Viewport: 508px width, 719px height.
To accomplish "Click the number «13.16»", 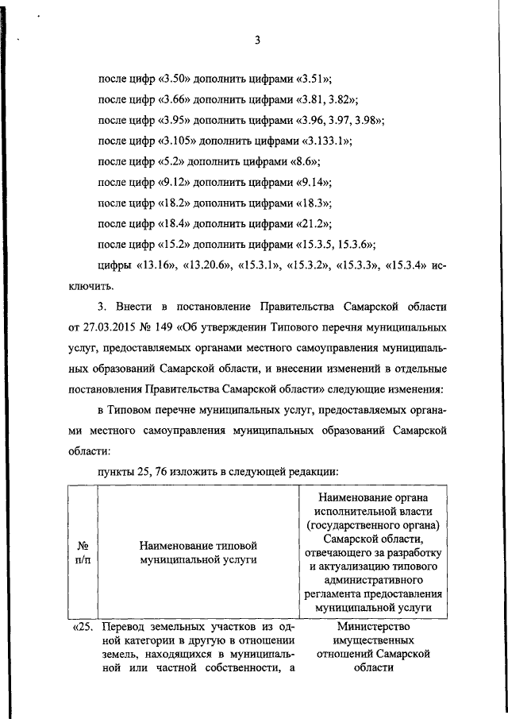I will (155, 265).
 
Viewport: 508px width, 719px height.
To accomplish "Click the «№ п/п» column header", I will (81, 553).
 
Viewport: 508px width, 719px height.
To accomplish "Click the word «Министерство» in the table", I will (372, 627).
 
